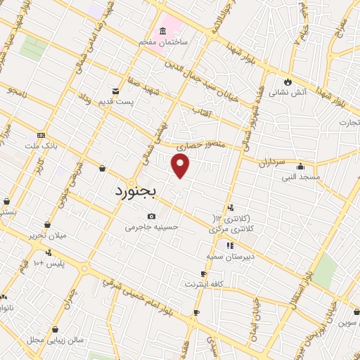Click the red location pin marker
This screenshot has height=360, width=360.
click(181, 166)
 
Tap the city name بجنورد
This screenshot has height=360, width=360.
click(138, 192)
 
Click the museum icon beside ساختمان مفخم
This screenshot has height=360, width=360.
click(163, 32)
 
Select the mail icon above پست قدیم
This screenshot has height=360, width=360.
click(116, 91)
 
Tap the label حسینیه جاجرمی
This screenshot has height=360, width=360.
click(152, 227)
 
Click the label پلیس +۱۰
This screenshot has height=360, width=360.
click(49, 263)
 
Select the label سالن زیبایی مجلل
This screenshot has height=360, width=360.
click(55, 340)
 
